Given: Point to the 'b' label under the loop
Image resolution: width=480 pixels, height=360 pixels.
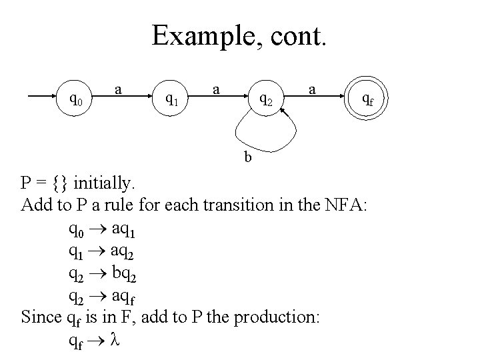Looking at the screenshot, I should tap(248, 157).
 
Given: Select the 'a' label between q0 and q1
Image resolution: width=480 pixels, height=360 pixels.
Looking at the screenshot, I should tap(118, 88).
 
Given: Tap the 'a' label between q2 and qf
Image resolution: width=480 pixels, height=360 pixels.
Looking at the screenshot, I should tap(311, 88).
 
